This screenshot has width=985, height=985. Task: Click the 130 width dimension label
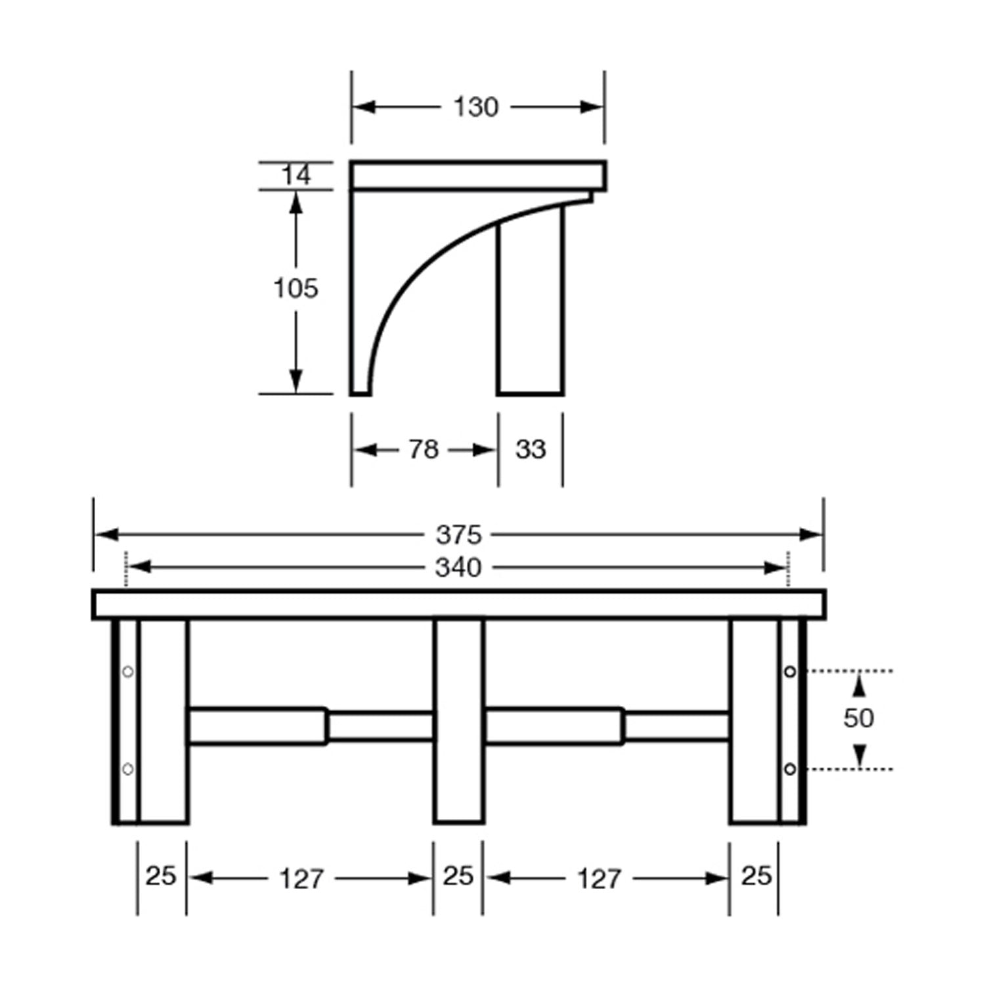pyautogui.click(x=476, y=107)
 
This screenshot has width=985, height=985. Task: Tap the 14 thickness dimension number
pyautogui.click(x=296, y=175)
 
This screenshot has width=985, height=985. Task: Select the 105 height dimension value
pyautogui.click(x=295, y=288)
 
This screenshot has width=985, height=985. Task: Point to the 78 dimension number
pyautogui.click(x=424, y=450)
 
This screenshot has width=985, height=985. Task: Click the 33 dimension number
pyautogui.click(x=531, y=450)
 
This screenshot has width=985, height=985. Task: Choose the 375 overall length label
pyautogui.click(x=459, y=535)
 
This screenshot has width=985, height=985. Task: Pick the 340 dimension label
pyautogui.click(x=459, y=568)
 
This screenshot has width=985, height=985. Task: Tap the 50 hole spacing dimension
pyautogui.click(x=859, y=718)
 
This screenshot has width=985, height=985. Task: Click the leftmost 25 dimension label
pyautogui.click(x=161, y=876)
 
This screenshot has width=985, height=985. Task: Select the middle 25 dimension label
pyautogui.click(x=458, y=876)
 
